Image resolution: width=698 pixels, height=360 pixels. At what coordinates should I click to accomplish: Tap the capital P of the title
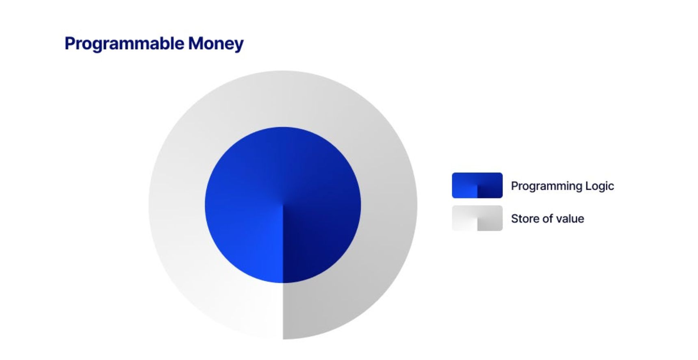click(70, 43)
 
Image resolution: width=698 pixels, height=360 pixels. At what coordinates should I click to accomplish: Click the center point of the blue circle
click(283, 205)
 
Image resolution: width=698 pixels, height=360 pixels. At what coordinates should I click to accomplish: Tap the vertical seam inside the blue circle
click(283, 244)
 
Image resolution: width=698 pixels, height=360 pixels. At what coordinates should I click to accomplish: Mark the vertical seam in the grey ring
click(283, 311)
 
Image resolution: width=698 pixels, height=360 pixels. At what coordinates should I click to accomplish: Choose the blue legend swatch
click(477, 185)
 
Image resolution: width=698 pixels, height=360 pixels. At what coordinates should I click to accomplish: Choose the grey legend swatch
click(477, 218)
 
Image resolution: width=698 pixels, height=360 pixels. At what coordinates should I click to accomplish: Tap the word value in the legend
click(570, 219)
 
